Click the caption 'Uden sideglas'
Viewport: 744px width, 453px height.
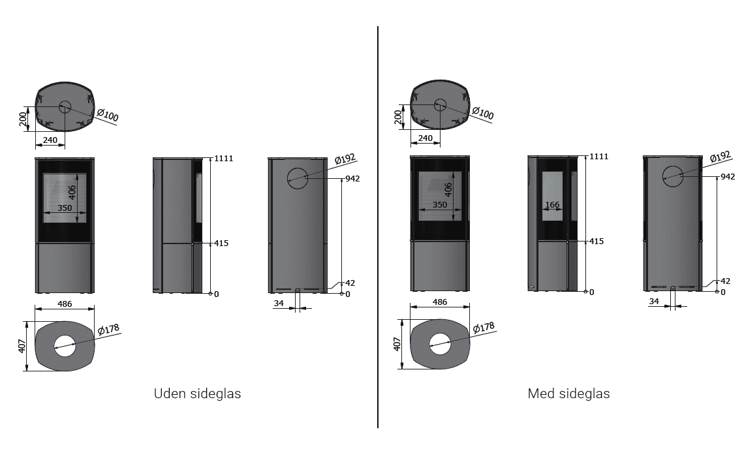197,394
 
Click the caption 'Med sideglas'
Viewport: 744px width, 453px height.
568,394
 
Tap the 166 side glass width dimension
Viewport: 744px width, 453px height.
552,205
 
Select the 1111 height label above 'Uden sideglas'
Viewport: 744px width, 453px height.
223,159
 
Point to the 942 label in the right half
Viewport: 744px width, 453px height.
728,176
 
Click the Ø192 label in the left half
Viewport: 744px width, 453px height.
345,159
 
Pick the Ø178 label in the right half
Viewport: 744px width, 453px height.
484,328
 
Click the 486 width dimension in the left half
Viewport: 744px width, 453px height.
65,304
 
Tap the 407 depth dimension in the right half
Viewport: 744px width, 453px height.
397,344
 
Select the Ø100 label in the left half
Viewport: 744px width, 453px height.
108,115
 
